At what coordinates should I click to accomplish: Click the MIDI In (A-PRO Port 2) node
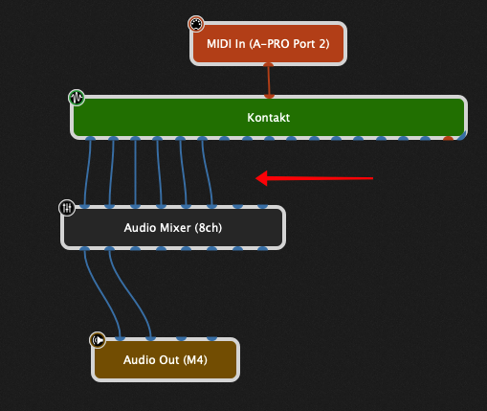click(x=268, y=44)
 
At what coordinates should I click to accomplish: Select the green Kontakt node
click(x=269, y=117)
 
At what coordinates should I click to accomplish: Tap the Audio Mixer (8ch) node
click(x=173, y=228)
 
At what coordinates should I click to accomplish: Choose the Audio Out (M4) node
click(x=166, y=359)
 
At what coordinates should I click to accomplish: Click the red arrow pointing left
click(x=314, y=178)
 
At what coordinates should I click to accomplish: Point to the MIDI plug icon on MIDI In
click(x=196, y=24)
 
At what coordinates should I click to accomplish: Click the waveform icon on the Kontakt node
click(x=77, y=98)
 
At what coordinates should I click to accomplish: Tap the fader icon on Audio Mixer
click(x=67, y=208)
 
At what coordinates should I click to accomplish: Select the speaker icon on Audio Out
click(x=98, y=340)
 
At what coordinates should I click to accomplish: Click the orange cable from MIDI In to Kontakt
click(x=269, y=80)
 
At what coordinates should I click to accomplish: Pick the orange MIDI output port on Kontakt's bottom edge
click(x=448, y=138)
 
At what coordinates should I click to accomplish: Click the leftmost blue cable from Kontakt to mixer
click(x=87, y=172)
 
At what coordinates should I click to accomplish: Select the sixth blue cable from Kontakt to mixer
click(x=207, y=172)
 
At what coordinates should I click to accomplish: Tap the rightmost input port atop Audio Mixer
click(x=262, y=206)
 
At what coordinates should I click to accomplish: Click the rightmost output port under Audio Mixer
click(x=262, y=249)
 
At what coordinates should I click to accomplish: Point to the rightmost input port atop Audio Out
click(x=211, y=338)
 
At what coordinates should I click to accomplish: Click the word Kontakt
click(x=269, y=118)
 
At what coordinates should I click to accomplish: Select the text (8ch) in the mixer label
click(x=209, y=228)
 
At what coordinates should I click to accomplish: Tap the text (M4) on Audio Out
click(x=195, y=360)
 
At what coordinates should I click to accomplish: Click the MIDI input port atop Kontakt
click(x=269, y=96)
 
